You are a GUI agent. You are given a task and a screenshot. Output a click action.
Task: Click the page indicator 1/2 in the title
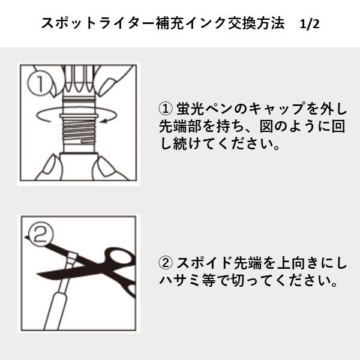(x=310, y=24)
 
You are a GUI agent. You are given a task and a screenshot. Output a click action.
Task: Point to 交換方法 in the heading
(x=246, y=24)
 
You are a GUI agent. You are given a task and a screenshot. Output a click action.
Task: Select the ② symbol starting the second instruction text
(x=165, y=263)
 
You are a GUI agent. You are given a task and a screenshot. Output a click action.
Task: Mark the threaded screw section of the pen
(x=79, y=128)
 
